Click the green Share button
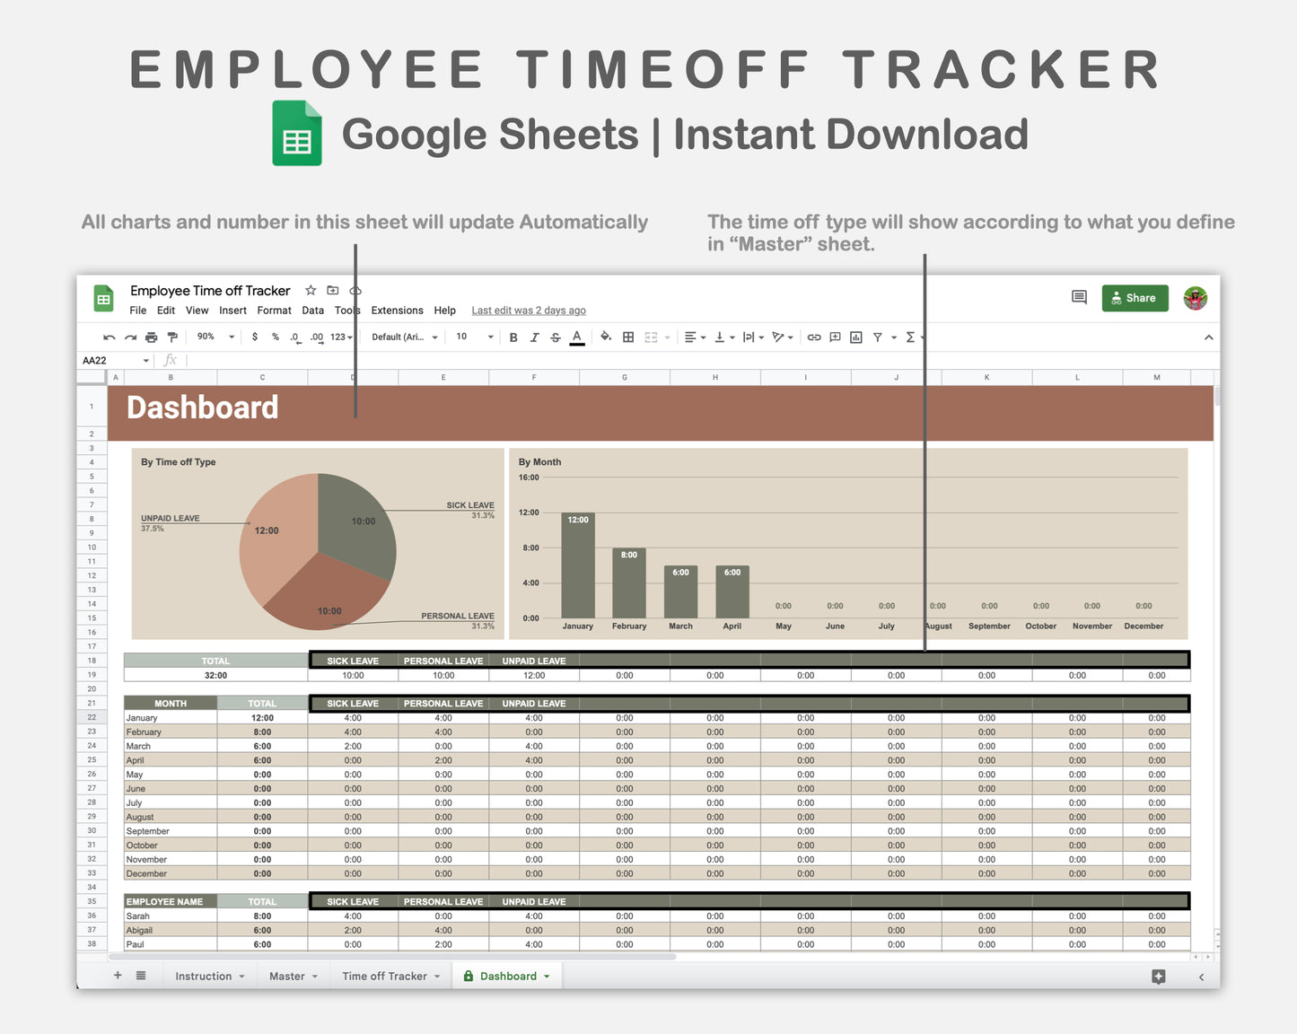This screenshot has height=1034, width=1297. [1135, 298]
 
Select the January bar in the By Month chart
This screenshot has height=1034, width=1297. [578, 565]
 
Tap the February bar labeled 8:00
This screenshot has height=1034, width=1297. [629, 583]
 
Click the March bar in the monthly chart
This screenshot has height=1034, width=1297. [680, 592]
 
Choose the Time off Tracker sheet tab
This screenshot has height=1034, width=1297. [385, 977]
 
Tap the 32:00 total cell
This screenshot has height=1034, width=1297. [215, 676]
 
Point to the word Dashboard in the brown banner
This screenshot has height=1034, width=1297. [203, 407]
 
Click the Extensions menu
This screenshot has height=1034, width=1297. [397, 311]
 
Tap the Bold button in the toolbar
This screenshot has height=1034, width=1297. [513, 337]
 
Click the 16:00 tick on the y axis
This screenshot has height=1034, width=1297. [529, 478]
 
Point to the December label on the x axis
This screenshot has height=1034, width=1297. [1144, 627]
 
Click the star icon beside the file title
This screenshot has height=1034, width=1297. [311, 291]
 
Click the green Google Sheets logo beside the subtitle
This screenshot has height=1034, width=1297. [297, 134]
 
